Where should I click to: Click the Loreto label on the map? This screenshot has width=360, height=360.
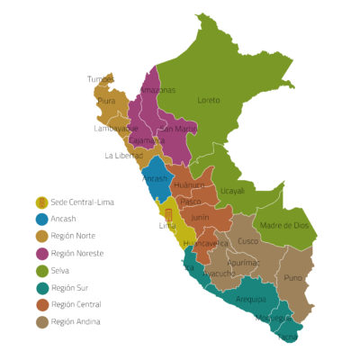coord(208,100)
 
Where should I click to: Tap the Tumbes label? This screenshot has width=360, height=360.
coord(101,79)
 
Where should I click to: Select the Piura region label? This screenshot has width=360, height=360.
coord(106,102)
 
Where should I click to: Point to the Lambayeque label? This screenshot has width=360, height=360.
coord(115,129)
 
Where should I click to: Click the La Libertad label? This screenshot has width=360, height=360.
coord(122,155)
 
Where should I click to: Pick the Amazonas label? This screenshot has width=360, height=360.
coord(157,90)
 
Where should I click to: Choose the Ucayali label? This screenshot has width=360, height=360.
coord(232,191)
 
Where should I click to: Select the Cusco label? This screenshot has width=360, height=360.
coord(247,240)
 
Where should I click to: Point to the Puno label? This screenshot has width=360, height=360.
coord(293,277)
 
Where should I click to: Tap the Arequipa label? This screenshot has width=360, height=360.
coord(251,299)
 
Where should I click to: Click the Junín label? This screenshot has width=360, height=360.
coord(200,217)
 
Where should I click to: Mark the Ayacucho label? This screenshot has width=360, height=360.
coord(220,273)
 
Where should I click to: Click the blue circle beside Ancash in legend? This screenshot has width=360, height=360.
coord(41,220)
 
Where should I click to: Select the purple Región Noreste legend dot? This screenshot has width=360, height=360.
coord(41,254)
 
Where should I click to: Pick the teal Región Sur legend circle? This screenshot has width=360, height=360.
coord(41,288)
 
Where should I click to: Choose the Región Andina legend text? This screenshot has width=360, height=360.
coord(76,321)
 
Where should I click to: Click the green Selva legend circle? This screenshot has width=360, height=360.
coord(41,271)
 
